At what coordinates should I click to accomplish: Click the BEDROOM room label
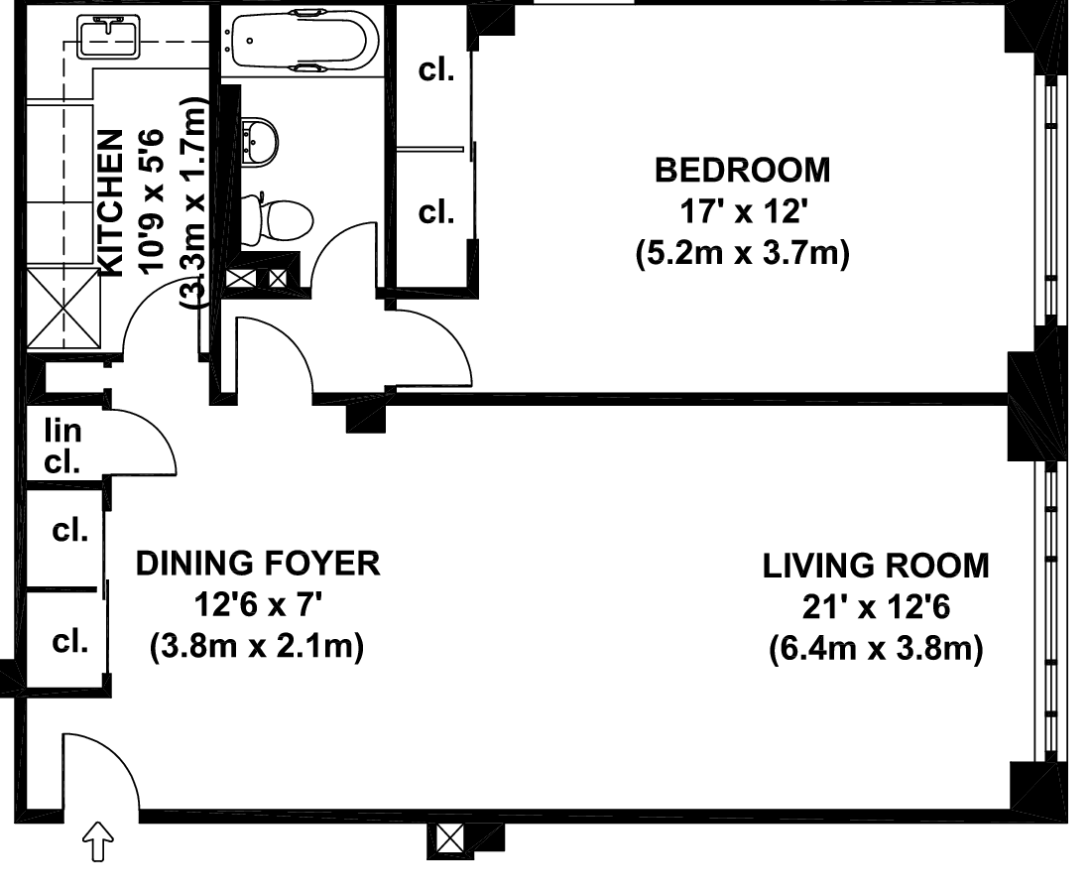tap(743, 171)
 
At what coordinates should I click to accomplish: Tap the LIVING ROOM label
tap(876, 566)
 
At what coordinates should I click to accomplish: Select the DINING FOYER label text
tap(258, 564)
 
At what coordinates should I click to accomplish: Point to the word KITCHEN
tap(111, 202)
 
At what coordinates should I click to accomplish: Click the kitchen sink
tap(109, 38)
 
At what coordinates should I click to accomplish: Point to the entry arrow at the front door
tap(98, 840)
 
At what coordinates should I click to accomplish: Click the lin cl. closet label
tap(62, 446)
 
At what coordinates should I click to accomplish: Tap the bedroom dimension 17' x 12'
tap(743, 211)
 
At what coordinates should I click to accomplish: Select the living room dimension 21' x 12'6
tap(876, 607)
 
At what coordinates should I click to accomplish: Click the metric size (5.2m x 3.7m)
tap(743, 253)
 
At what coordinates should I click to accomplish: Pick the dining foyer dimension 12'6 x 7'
tap(258, 605)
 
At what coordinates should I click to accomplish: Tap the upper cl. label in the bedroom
tap(436, 69)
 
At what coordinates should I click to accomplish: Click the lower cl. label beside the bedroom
tap(436, 211)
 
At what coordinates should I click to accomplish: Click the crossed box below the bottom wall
tap(449, 837)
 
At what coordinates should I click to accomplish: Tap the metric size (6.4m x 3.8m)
tap(876, 650)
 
